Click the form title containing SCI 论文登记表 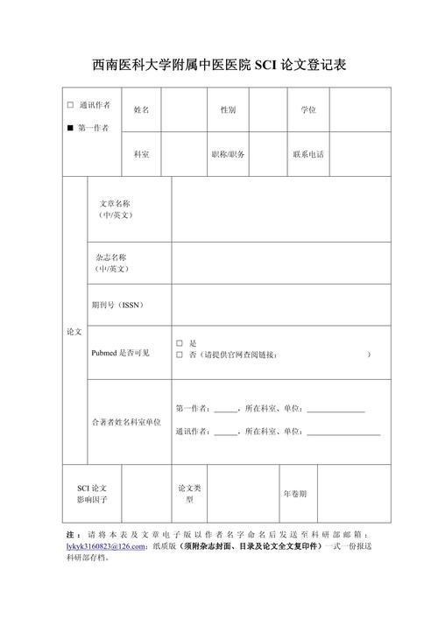(219, 66)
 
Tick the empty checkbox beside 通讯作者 (70, 105)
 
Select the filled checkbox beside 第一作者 (70, 129)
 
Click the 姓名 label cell (141, 110)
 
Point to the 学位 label (308, 110)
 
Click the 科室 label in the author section (141, 154)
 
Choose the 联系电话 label (308, 154)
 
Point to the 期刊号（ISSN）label (117, 305)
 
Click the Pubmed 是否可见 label (121, 353)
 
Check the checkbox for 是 (179, 343)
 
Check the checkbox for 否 (179, 355)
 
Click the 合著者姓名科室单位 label (126, 422)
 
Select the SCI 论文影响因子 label (92, 494)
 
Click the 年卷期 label (294, 494)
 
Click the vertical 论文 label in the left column (74, 333)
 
